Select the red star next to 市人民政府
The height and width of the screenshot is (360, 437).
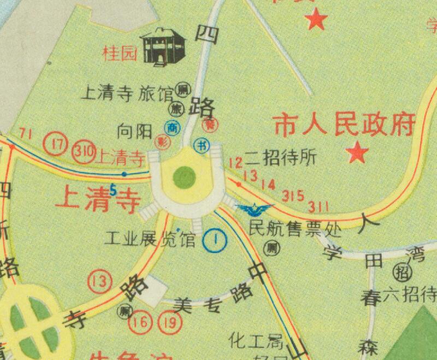(x=358, y=152)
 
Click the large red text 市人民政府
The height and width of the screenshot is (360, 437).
(x=343, y=125)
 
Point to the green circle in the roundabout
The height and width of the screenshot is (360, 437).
(x=185, y=176)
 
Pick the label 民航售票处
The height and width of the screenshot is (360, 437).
(x=295, y=228)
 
